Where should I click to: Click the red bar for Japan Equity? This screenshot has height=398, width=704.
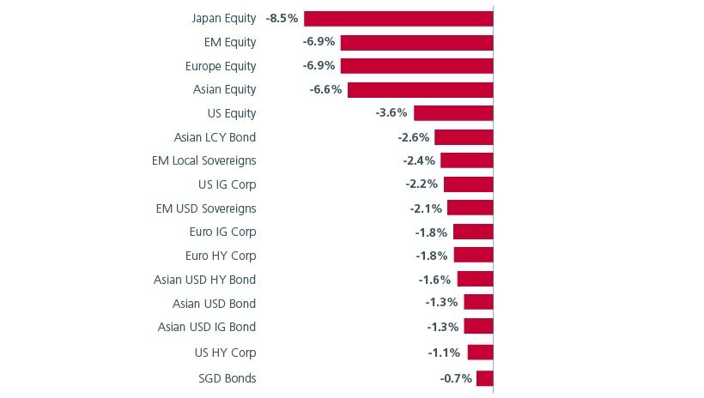tap(398, 19)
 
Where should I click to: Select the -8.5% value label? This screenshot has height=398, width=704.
tap(282, 18)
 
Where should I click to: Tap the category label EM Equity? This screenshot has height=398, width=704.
tap(230, 42)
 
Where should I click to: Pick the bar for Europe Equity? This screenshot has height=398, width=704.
tap(416, 66)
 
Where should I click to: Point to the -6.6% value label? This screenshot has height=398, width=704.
tap(325, 89)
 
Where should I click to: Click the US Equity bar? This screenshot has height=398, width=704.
tap(453, 113)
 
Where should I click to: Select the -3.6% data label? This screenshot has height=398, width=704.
tap(392, 113)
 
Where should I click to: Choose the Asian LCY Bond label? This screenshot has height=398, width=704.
tap(215, 137)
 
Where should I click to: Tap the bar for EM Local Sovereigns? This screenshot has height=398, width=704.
tap(466, 160)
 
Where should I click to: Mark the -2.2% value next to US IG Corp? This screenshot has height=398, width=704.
tap(422, 184)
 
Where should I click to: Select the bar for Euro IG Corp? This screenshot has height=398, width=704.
tap(473, 232)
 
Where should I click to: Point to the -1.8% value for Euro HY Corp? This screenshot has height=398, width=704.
tap(431, 256)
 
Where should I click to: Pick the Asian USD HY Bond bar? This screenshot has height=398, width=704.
tap(475, 279)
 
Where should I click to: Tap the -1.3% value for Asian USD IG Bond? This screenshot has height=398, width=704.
tap(442, 327)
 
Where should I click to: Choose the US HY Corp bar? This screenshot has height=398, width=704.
tap(480, 353)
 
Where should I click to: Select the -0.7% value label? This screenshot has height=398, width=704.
tap(456, 378)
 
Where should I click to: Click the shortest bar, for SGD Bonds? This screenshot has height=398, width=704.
tap(484, 378)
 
